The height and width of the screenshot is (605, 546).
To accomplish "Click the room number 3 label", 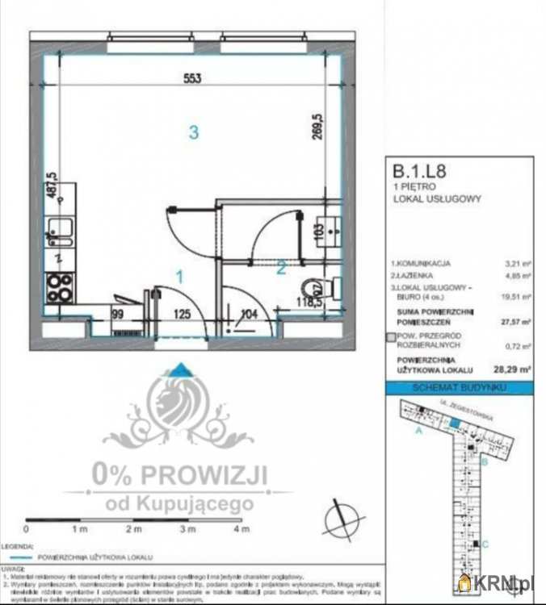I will point(194,132).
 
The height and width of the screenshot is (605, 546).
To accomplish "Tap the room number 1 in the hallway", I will point(180,276).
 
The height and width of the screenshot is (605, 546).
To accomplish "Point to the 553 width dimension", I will point(191,78).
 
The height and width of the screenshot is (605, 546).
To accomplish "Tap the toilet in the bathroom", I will point(317,287).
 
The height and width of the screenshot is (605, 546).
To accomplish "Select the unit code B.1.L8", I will point(419,171).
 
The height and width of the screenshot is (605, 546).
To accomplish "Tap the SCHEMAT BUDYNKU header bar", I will point(457,389).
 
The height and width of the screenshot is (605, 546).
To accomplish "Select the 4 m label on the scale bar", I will point(237,529).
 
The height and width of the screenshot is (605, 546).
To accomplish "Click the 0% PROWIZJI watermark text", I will point(178,475).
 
